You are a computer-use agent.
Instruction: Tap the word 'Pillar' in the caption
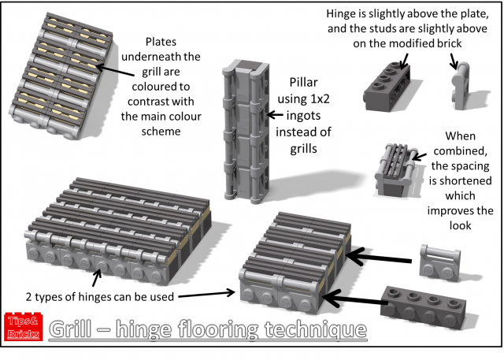click(302, 82)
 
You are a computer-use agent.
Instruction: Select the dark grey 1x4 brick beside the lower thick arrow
click(425, 300)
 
